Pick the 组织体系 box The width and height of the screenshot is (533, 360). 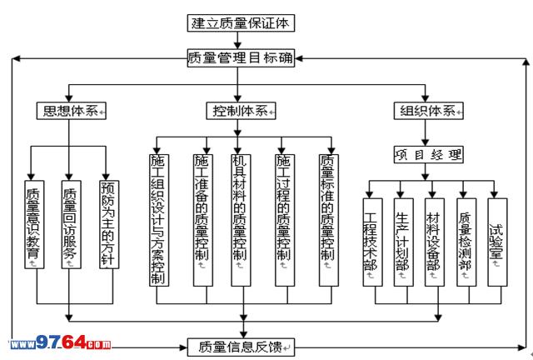(x=427, y=111)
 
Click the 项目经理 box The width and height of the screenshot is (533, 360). (x=427, y=154)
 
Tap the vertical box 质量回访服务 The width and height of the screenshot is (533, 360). (x=69, y=223)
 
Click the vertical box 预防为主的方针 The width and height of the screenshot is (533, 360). (x=106, y=223)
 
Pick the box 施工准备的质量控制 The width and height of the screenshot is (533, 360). (x=202, y=219)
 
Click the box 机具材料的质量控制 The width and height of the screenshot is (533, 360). (x=242, y=219)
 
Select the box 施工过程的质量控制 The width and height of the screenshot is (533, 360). (x=284, y=219)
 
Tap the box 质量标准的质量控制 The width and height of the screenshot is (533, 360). (x=327, y=219)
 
